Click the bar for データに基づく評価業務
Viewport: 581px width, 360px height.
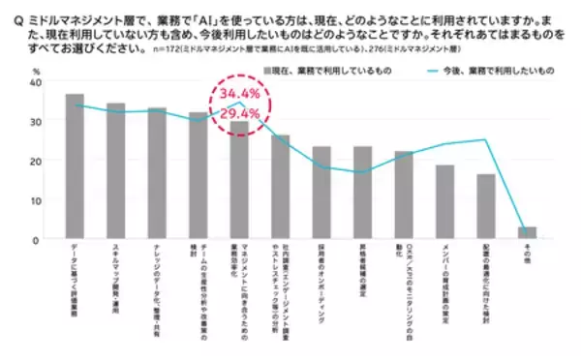point(75,166)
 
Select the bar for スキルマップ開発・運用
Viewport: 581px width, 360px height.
point(115,171)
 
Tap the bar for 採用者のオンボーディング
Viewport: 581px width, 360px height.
point(321,193)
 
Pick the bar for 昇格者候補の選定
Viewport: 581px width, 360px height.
point(362,193)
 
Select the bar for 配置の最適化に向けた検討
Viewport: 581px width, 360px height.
point(486,206)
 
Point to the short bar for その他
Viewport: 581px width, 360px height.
point(527,232)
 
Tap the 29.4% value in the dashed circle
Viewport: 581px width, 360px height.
point(239,113)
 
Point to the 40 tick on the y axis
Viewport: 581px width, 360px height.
point(35,83)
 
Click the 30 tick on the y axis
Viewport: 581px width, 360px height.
point(35,122)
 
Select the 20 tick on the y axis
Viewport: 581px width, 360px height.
point(35,161)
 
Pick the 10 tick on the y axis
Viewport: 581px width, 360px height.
point(35,200)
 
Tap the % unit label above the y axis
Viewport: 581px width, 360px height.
point(36,70)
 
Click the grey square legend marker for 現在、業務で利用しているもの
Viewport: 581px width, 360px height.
point(270,71)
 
